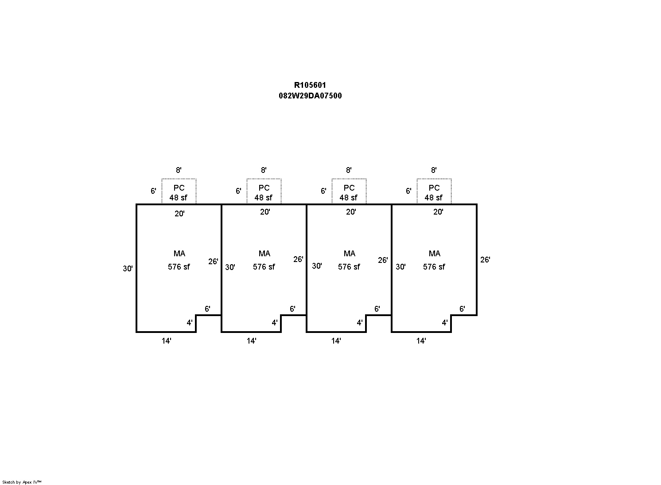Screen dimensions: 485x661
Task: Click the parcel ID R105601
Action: pyautogui.click(x=310, y=85)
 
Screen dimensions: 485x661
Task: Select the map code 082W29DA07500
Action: pyautogui.click(x=310, y=96)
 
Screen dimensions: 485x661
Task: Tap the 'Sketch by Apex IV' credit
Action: pyautogui.click(x=22, y=482)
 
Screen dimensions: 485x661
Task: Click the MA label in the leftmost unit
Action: pyautogui.click(x=179, y=254)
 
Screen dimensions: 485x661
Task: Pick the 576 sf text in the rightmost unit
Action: pyautogui.click(x=434, y=267)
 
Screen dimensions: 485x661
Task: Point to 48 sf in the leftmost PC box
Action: pyautogui.click(x=179, y=198)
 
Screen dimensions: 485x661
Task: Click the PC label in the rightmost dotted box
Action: pyautogui.click(x=434, y=188)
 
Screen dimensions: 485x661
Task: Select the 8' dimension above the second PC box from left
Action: pyautogui.click(x=264, y=170)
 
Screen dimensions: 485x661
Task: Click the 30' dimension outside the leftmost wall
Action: pyautogui.click(x=128, y=268)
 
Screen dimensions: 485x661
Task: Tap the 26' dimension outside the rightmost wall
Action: pyautogui.click(x=485, y=260)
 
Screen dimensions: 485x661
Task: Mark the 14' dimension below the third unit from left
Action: pyautogui.click(x=336, y=341)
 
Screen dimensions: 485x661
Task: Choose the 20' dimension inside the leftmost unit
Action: pyautogui.click(x=179, y=214)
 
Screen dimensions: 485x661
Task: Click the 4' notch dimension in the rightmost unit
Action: pyautogui.click(x=445, y=323)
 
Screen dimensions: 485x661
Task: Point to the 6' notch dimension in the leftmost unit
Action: pyautogui.click(x=207, y=309)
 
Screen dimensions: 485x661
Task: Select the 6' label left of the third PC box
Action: pyautogui.click(x=323, y=191)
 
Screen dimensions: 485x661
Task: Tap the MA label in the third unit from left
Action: pyautogui.click(x=350, y=254)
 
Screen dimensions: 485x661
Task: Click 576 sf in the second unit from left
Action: pyautogui.click(x=264, y=267)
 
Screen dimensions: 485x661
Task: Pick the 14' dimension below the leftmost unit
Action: pyautogui.click(x=166, y=341)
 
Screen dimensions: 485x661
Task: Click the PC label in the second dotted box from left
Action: pyautogui.click(x=264, y=188)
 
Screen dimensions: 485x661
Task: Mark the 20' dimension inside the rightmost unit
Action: pyautogui.click(x=438, y=212)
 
